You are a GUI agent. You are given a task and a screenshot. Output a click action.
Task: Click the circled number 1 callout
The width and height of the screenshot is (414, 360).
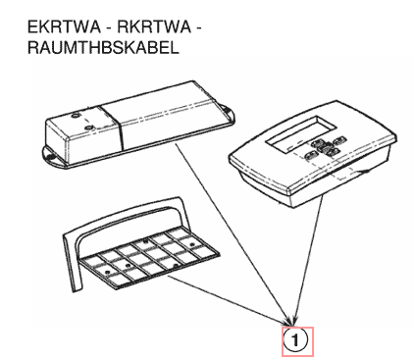[x=295, y=339]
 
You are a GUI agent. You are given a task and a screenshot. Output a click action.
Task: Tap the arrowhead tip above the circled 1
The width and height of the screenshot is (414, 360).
[x=293, y=324]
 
